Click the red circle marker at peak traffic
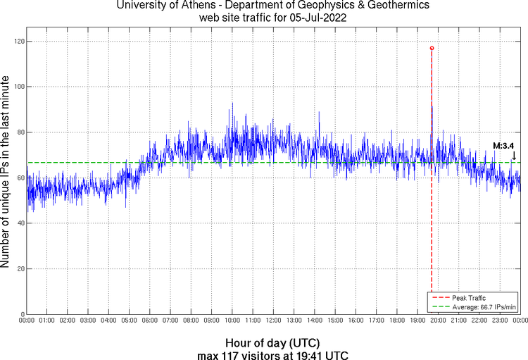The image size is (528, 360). click(432, 48)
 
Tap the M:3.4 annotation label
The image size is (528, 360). click(503, 146)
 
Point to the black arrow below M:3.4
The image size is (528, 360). click(514, 155)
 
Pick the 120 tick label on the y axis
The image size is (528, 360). click(18, 42)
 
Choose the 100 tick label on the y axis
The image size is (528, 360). click(18, 87)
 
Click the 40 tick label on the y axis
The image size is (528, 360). click(20, 223)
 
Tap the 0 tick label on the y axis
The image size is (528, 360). click(23, 314)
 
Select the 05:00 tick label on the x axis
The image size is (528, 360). click(130, 321)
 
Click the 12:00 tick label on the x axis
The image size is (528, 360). click(273, 321)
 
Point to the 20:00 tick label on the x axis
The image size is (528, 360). click(438, 321)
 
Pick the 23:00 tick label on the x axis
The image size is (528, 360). click(499, 321)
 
